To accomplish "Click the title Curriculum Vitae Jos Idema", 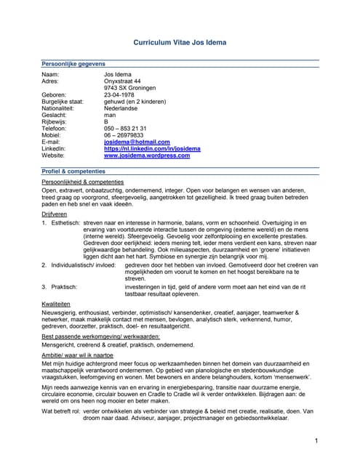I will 180,43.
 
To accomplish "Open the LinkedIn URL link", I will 152,149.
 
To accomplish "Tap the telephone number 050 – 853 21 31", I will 125,129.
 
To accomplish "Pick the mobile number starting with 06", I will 124,135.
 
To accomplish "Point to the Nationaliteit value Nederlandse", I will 124,108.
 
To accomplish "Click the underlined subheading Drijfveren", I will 56,215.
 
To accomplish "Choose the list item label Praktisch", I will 65,287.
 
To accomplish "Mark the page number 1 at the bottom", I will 317,441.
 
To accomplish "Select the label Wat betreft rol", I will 60,409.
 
